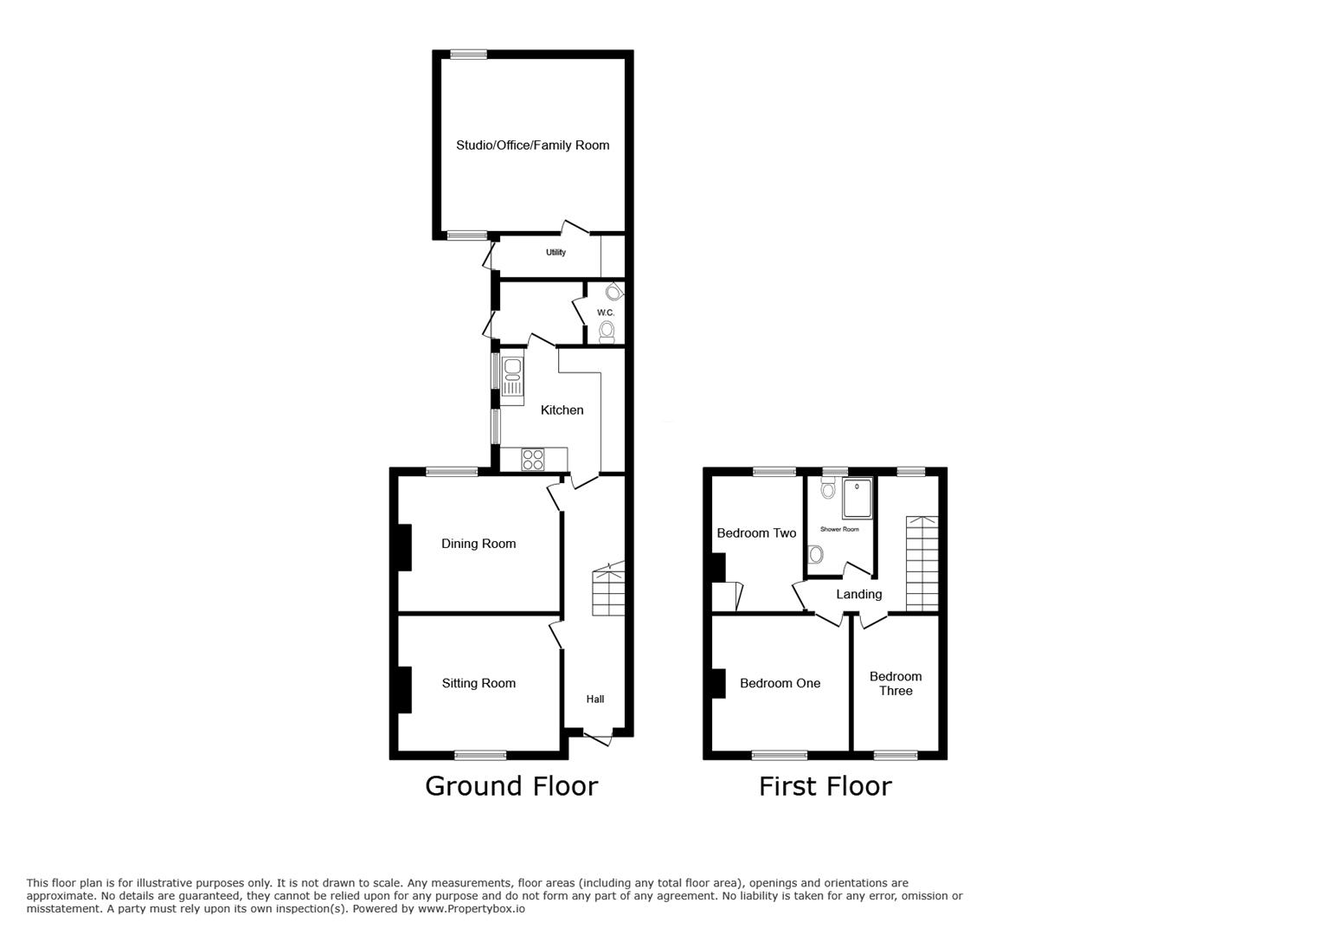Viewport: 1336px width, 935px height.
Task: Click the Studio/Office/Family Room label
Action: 533,145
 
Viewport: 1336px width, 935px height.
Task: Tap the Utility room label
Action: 556,253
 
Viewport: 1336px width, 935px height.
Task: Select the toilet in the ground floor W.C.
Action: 607,332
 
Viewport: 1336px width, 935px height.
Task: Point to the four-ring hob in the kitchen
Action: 533,460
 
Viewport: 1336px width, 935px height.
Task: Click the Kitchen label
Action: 562,409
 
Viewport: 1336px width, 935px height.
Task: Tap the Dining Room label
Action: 479,544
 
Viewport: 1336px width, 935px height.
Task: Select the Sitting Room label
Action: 479,683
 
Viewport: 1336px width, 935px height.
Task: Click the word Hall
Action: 595,700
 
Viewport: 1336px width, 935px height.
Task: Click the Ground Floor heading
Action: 511,786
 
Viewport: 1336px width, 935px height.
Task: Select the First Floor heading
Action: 825,786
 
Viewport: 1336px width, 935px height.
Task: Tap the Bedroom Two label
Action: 756,532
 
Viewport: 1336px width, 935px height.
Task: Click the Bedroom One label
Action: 780,683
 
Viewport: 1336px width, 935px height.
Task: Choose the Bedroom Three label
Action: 896,683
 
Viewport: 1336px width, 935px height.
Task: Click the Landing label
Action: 859,594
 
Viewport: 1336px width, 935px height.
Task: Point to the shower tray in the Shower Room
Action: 857,498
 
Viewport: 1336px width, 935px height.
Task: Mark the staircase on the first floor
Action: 922,564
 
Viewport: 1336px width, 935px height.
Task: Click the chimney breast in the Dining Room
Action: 405,548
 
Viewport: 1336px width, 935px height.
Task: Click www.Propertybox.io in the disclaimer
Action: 472,909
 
